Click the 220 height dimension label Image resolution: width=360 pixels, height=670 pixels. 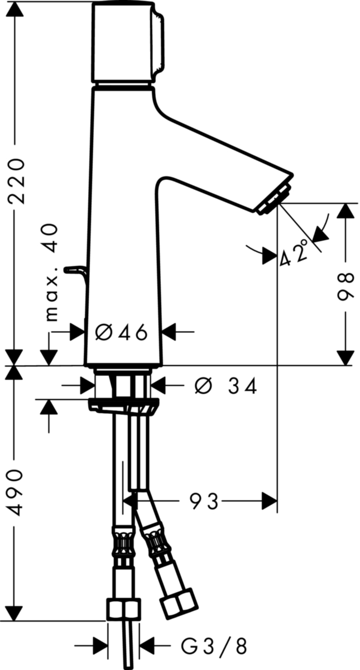click(x=17, y=181)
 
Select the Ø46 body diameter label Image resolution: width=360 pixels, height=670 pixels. click(x=122, y=332)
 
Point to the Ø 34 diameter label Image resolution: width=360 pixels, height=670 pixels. click(x=225, y=386)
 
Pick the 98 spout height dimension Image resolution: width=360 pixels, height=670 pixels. click(x=346, y=286)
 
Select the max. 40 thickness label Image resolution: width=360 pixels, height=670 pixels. click(x=52, y=272)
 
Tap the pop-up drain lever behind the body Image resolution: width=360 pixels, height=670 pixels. click(x=76, y=275)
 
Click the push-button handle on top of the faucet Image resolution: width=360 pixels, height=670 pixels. click(x=128, y=42)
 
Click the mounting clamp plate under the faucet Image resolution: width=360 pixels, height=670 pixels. click(x=123, y=406)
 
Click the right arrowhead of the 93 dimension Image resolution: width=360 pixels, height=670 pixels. click(x=270, y=501)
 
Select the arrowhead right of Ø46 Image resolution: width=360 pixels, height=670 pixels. click(x=169, y=332)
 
